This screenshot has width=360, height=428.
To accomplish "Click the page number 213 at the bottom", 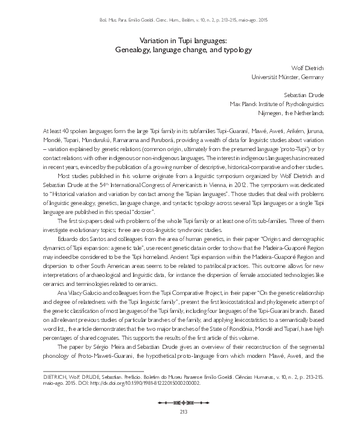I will pos(180,411).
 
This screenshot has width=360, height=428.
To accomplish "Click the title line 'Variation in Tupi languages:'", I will pos(180,40).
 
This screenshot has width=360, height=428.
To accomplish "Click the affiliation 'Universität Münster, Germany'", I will pos(287,77).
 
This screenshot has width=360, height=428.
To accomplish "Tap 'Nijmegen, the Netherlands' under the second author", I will pos(291,113).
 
